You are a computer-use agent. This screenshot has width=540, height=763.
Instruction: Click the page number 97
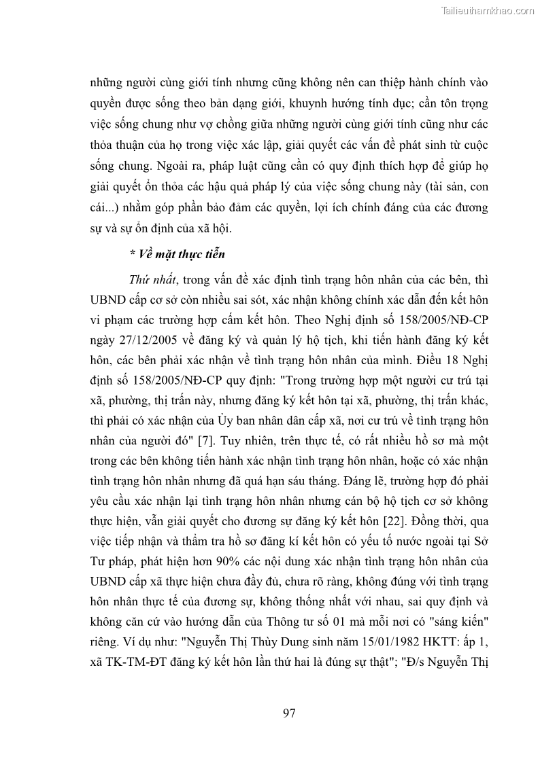pyautogui.click(x=288, y=713)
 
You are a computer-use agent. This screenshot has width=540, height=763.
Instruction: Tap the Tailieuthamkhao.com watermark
pyautogui.click(x=488, y=10)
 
